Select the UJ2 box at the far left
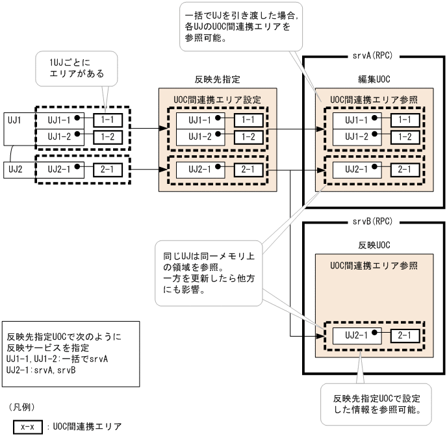tap(16, 170)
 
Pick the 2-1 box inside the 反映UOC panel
tap(405, 337)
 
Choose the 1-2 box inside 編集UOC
tap(405, 136)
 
